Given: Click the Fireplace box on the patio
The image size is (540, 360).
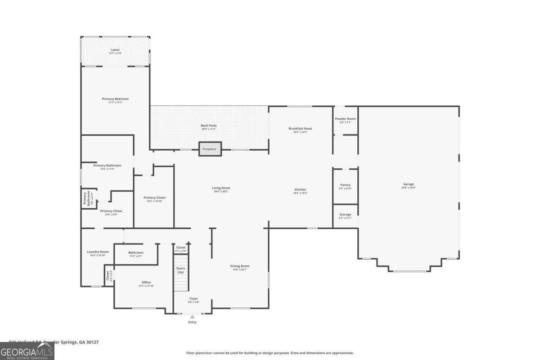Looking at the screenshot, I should (x=210, y=149).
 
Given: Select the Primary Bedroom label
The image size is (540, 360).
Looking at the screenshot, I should (x=115, y=100).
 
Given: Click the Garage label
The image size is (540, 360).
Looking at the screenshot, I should (x=409, y=185).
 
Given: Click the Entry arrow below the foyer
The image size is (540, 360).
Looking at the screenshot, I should (x=192, y=317).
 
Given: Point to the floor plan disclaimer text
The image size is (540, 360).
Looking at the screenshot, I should (x=270, y=353).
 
